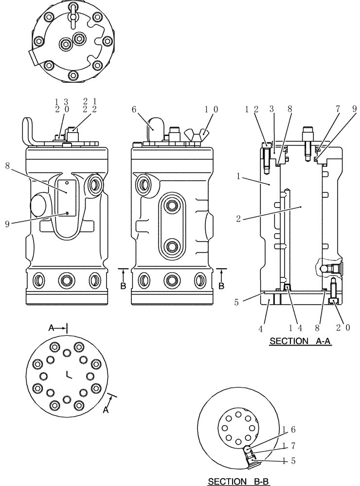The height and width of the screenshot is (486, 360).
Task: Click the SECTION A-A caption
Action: [x=300, y=341]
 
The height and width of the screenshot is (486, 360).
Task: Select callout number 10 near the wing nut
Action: [x=211, y=110]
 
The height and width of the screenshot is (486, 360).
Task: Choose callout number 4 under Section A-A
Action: [x=261, y=328]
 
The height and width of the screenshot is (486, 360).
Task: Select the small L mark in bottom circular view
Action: [x=69, y=374]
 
